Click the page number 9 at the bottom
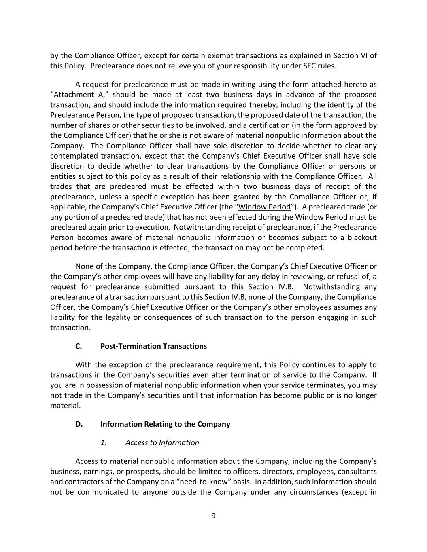[213, 516]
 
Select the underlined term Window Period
[265, 207]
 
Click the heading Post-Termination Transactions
[153, 346]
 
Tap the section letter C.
[79, 346]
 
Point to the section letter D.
[79, 424]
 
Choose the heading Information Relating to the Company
[165, 424]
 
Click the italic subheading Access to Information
[162, 442]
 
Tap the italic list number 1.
[103, 442]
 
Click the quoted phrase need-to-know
[211, 482]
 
